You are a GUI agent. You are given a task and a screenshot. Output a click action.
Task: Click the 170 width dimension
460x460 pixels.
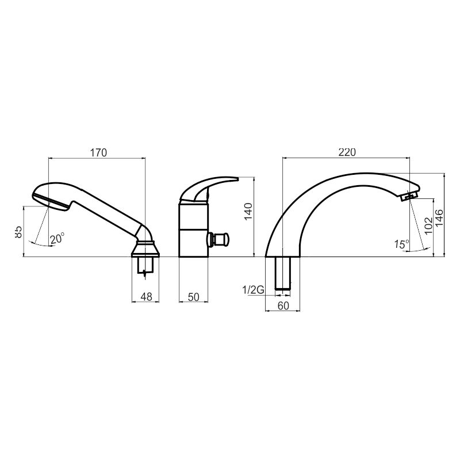[98, 153]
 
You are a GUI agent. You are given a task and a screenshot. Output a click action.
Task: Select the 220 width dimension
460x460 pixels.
[347, 152]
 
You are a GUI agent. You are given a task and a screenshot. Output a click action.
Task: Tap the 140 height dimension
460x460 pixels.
[248, 212]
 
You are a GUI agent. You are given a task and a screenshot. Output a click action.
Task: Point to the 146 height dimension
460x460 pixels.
[439, 218]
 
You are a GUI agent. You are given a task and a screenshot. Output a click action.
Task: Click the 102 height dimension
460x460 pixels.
[428, 225]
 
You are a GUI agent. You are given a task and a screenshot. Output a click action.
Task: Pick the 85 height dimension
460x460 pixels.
[18, 232]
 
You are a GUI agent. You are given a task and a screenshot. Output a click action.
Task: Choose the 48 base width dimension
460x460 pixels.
[146, 297]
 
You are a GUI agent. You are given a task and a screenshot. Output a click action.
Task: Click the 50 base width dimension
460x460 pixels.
[193, 297]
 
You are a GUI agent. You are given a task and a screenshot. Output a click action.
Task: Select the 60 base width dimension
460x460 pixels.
[283, 306]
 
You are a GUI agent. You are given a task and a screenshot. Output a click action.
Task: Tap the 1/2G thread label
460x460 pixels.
[253, 290]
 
